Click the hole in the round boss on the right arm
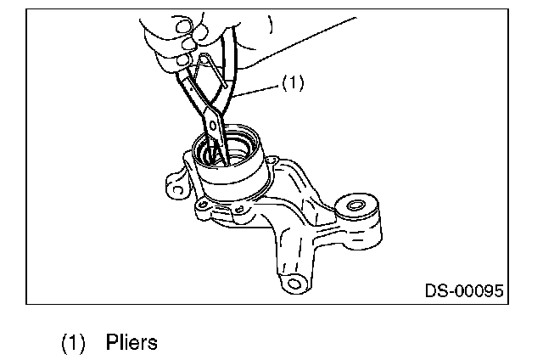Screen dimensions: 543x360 (355, 205)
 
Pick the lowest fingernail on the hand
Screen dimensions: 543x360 (181, 60)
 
